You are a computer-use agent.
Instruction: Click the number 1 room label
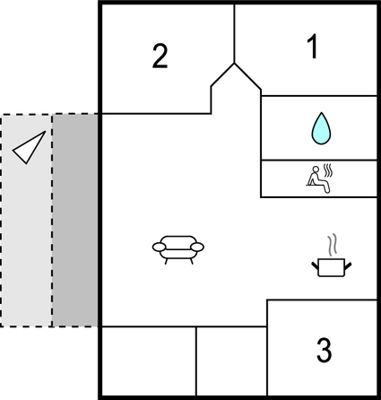pos(312,48)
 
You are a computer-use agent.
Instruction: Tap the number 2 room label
pos(160,57)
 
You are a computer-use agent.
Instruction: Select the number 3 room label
pos(325,349)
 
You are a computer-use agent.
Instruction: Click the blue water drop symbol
pos(319,128)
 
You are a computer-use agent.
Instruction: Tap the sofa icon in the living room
pos(178,248)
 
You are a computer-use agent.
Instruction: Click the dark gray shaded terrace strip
pos(74,220)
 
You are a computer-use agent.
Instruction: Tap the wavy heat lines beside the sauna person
pos(329,170)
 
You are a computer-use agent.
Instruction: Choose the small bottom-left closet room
pos(147,361)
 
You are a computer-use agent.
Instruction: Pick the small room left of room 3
pos(231,361)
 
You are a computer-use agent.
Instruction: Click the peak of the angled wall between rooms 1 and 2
pos(235,63)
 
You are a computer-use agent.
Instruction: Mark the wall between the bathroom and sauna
pos(319,161)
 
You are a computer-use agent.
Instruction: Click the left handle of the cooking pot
pos(315,263)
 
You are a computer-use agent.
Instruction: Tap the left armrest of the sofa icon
pos(158,246)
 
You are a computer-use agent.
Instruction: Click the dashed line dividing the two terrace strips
pos(52,220)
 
